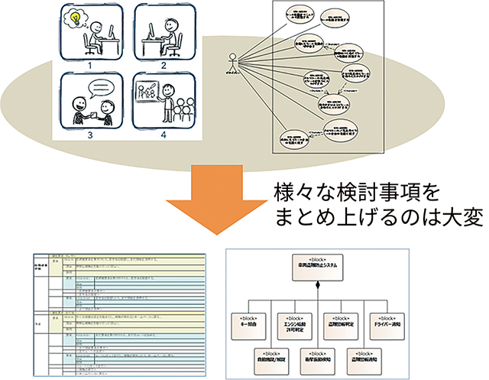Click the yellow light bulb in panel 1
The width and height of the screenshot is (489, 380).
point(77,17)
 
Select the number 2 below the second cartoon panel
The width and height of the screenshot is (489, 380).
point(163,67)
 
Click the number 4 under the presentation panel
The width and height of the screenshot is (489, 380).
point(163,135)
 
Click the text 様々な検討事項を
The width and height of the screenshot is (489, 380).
point(341,191)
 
